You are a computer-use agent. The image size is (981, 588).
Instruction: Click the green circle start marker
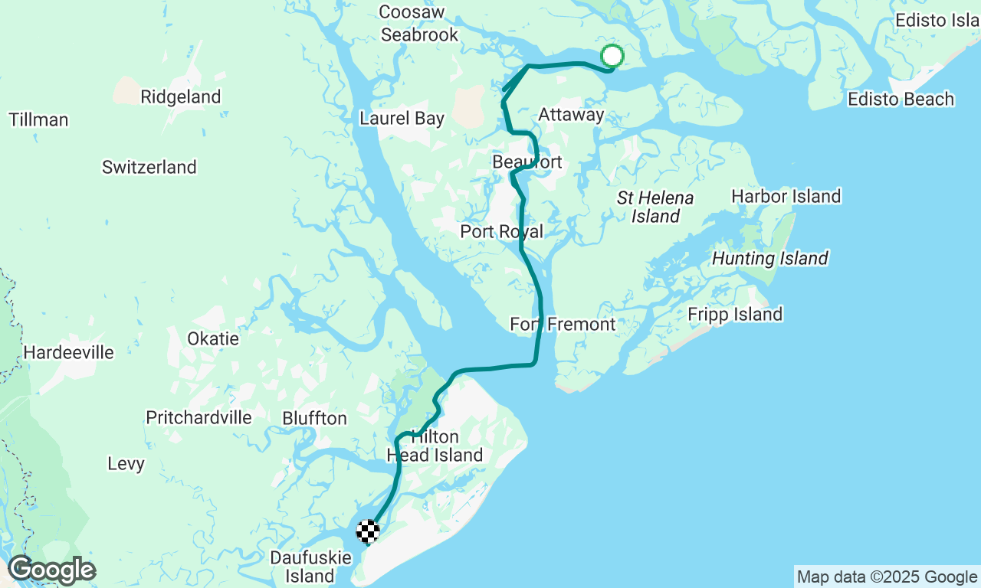tap(612, 56)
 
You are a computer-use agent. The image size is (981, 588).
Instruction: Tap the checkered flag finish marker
tap(369, 531)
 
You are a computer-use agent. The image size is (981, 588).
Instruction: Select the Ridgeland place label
tap(181, 97)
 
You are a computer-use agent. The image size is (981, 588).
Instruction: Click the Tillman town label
tap(38, 120)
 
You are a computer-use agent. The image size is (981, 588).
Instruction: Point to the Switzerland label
tap(149, 167)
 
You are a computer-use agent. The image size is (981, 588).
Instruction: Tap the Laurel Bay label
tap(402, 119)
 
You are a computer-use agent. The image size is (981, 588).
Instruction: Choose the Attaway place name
tap(571, 115)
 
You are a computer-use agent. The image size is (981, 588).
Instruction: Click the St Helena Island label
tap(655, 207)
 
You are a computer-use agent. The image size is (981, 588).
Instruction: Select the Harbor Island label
tap(786, 197)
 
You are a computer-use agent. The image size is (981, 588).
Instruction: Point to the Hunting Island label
tap(770, 259)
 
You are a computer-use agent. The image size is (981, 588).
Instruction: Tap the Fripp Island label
tap(735, 315)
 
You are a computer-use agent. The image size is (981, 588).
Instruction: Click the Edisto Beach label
tap(901, 100)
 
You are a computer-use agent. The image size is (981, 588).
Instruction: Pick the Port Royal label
tap(501, 232)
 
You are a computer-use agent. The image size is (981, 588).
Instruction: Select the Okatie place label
tap(213, 338)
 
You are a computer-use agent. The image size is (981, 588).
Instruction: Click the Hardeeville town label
tap(69, 353)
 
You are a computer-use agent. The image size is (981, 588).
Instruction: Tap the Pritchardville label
tap(199, 418)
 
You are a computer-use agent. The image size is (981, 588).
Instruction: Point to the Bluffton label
tap(314, 419)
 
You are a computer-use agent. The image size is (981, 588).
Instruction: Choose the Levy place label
tap(126, 464)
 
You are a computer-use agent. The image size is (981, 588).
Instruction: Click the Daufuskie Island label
tap(310, 567)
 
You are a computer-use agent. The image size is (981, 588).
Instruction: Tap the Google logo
tap(51, 570)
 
